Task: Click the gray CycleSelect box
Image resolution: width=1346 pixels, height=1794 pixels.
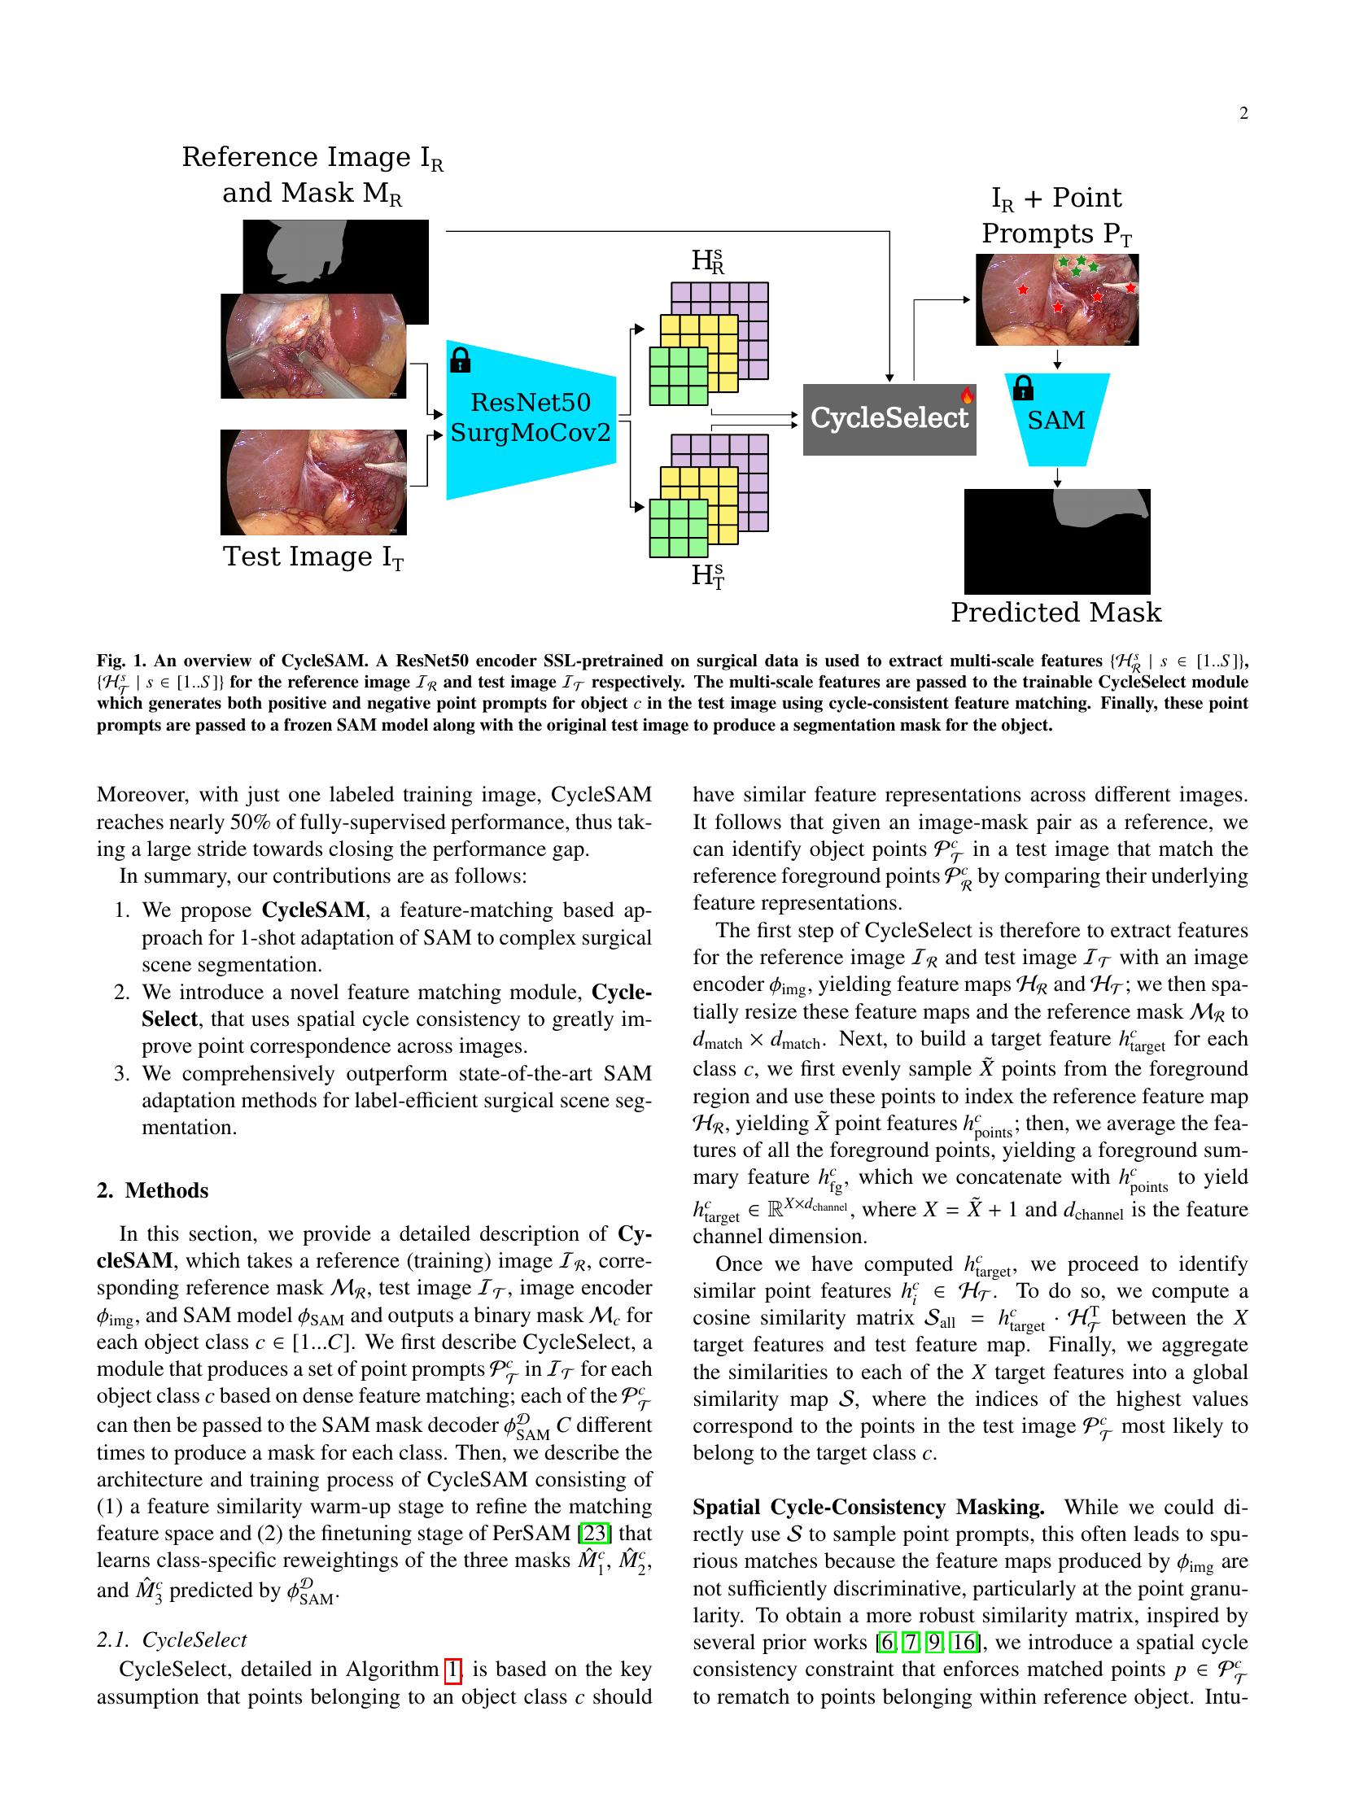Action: point(889,419)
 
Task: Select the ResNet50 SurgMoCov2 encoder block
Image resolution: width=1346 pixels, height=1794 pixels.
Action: point(531,419)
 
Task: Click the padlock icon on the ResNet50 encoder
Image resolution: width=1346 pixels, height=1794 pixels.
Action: point(460,359)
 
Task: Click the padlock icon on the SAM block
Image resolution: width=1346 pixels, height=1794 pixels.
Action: point(1022,388)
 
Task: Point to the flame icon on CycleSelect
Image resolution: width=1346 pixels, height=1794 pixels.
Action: point(967,396)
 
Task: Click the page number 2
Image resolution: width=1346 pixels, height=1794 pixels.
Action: point(1243,113)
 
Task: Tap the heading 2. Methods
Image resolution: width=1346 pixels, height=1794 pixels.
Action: point(152,1190)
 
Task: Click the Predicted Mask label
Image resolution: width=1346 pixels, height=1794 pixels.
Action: point(1055,613)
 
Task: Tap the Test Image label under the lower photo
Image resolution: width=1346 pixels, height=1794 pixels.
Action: point(313,557)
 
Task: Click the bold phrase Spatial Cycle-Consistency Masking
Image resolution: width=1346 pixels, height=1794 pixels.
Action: point(867,1507)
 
